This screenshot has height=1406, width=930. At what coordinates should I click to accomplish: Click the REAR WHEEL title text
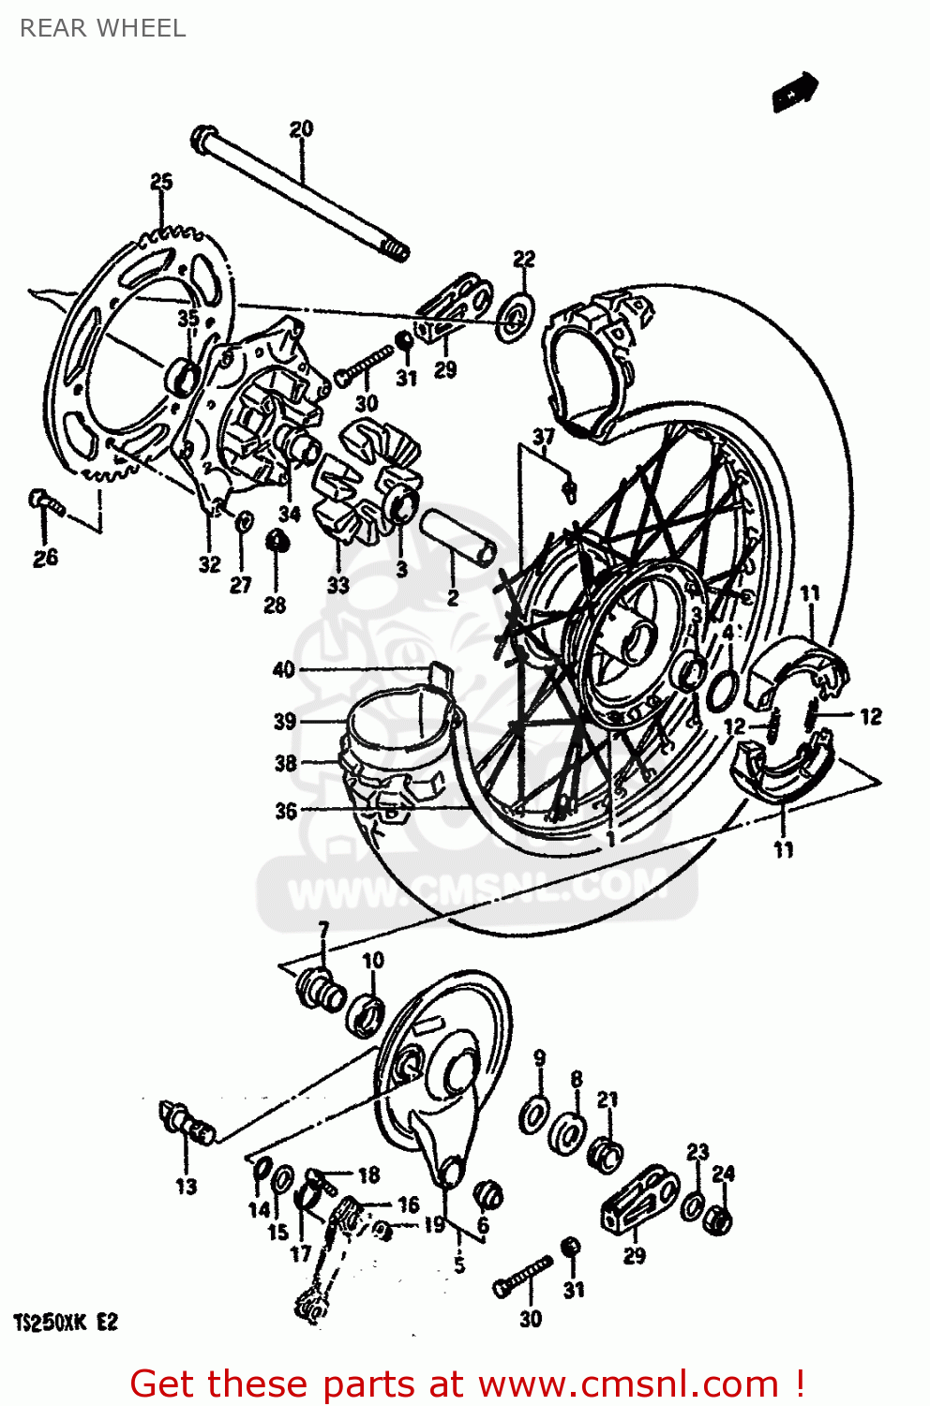[102, 28]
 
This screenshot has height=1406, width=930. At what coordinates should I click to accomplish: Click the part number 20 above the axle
[301, 129]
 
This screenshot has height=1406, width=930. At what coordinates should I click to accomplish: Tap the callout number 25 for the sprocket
[161, 181]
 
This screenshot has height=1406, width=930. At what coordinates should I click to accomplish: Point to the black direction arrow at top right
[795, 92]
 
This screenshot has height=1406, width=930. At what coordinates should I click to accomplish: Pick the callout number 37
[544, 437]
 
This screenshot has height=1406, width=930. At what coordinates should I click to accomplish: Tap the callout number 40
[283, 669]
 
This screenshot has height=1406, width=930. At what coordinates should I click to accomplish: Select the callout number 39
[285, 721]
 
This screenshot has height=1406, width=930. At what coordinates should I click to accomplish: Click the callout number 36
[286, 811]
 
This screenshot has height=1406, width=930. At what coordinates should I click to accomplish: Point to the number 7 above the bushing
[323, 931]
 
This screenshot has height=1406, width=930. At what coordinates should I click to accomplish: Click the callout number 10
[373, 961]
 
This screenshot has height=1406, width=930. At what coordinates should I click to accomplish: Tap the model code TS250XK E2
[66, 1323]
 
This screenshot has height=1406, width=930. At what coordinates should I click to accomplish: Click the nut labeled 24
[720, 1219]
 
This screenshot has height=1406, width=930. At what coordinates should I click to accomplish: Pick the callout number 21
[607, 1099]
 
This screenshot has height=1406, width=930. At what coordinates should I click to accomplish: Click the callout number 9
[539, 1058]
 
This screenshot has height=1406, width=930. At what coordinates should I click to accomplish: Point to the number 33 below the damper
[337, 585]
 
